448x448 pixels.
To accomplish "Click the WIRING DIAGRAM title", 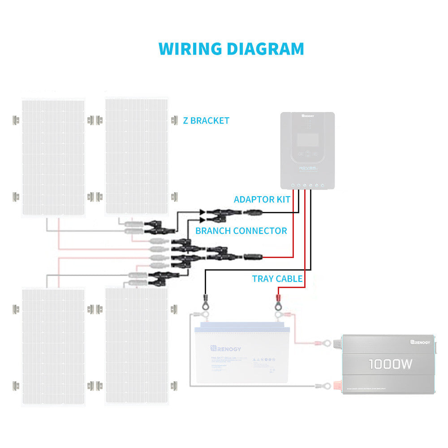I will (x=231, y=49).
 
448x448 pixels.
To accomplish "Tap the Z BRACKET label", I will (x=206, y=121).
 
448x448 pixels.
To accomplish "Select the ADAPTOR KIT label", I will (x=262, y=199).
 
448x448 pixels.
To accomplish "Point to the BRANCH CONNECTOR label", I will (x=241, y=231).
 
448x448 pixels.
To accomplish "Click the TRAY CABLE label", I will (x=277, y=279).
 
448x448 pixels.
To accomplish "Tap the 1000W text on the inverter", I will (x=390, y=364).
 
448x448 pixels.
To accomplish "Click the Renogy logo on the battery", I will (x=226, y=348).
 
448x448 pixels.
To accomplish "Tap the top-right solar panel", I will (x=136, y=156).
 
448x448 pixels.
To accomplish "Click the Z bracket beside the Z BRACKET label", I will (x=175, y=120).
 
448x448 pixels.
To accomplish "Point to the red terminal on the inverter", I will (x=337, y=385).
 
